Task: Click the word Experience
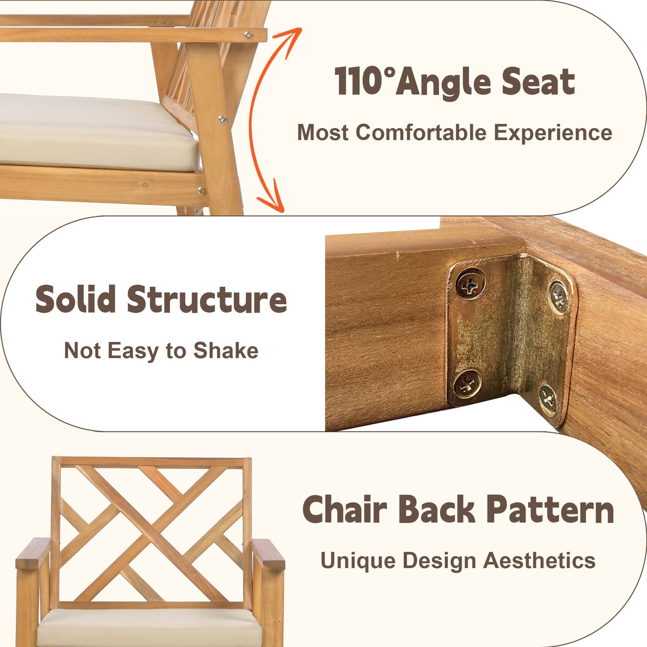(x=553, y=133)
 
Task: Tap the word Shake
(x=226, y=351)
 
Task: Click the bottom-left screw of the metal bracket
(x=467, y=384)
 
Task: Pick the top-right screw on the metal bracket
(x=559, y=297)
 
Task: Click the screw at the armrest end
(x=248, y=35)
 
